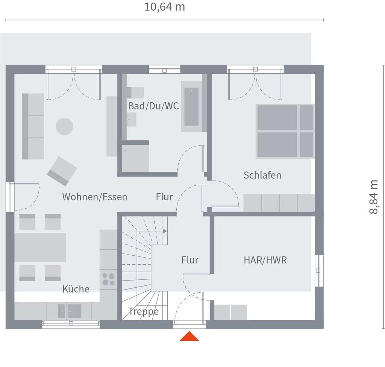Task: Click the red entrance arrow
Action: click(x=189, y=337)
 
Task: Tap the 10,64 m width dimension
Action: click(x=165, y=7)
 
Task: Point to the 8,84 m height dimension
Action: click(x=373, y=197)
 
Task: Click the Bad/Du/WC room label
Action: click(x=153, y=106)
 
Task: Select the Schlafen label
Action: click(x=262, y=175)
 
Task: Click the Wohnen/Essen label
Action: click(x=94, y=197)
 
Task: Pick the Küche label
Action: click(x=76, y=289)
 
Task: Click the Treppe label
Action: click(x=143, y=311)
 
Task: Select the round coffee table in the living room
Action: click(x=64, y=126)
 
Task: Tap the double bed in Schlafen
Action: click(x=285, y=131)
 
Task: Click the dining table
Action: click(x=40, y=247)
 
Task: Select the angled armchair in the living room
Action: click(x=62, y=171)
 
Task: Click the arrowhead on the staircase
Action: click(x=165, y=231)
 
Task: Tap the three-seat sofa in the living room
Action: click(x=33, y=126)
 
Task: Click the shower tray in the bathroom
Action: click(x=135, y=158)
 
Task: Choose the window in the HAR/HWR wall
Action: click(x=319, y=271)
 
